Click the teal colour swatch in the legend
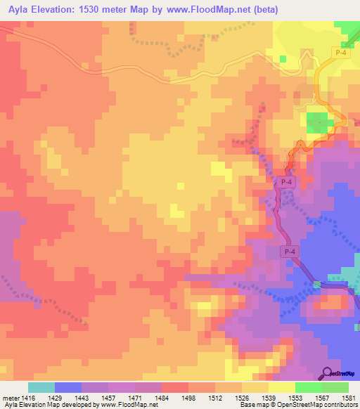click(41, 387)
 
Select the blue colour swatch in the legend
click(68, 387)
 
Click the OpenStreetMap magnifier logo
click(328, 373)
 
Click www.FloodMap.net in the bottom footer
click(128, 405)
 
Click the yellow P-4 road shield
click(340, 53)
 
